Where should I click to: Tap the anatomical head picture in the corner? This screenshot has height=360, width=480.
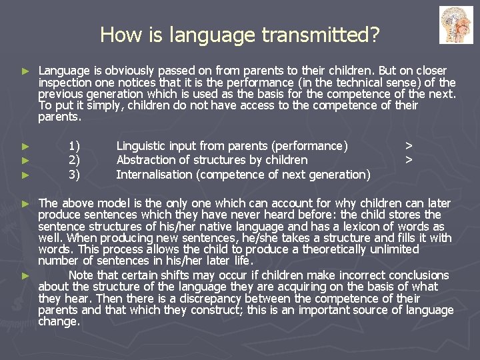[456, 25]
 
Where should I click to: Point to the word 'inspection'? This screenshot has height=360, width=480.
[65, 83]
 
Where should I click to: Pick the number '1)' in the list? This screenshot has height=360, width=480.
[74, 145]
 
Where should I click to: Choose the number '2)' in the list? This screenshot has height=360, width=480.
[74, 160]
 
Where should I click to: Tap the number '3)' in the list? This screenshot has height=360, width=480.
[74, 175]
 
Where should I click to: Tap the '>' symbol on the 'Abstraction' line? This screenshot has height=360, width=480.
[409, 160]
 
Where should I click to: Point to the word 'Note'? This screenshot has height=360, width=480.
[81, 275]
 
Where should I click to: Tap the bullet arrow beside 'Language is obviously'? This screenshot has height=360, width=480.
[25, 71]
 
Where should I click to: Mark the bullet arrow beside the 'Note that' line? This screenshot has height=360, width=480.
[25, 275]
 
